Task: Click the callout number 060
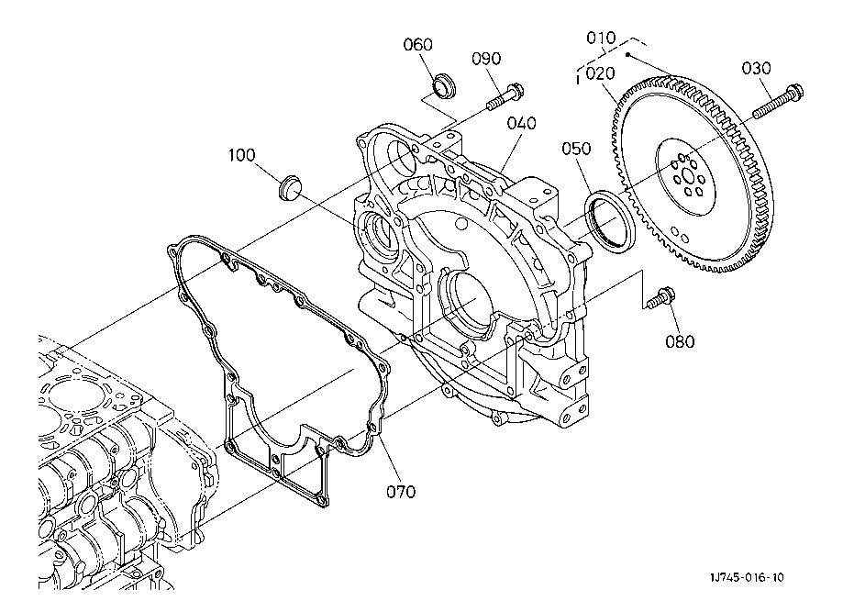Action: tap(417, 45)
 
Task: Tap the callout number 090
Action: tap(486, 59)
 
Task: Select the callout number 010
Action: tap(601, 39)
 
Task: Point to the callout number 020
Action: tap(601, 73)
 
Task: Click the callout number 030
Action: tap(756, 68)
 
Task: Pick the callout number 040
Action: tap(522, 124)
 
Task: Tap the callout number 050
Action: tap(576, 149)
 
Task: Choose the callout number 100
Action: tap(242, 155)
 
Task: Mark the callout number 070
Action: tap(401, 492)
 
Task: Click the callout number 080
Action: tap(680, 341)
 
